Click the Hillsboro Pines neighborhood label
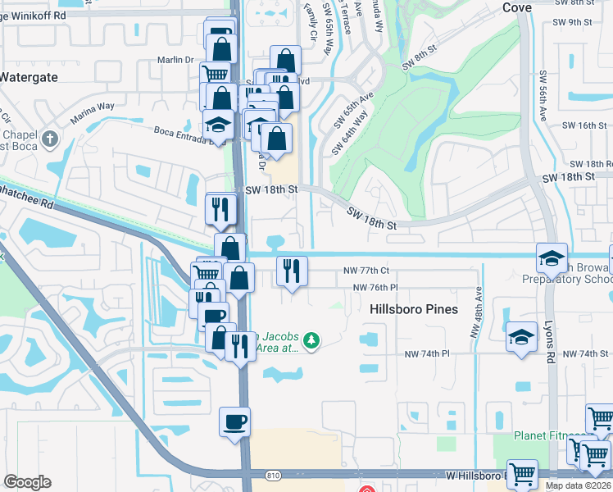pyautogui.click(x=411, y=309)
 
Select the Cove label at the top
pyautogui.click(x=516, y=7)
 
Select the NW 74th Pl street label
pyautogui.click(x=428, y=353)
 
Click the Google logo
pyautogui.click(x=27, y=482)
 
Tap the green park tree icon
pyautogui.click(x=311, y=339)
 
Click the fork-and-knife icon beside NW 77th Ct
pyautogui.click(x=292, y=270)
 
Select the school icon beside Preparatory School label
pyautogui.click(x=552, y=257)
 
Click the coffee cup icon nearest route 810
pyautogui.click(x=234, y=422)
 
